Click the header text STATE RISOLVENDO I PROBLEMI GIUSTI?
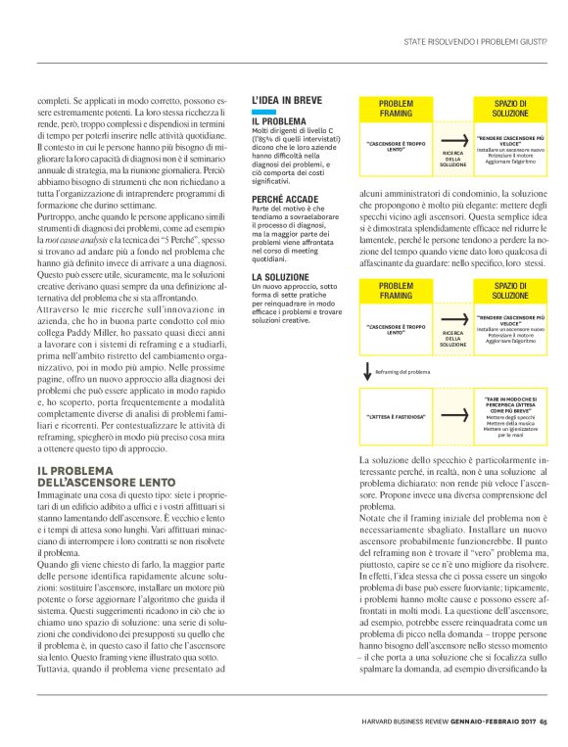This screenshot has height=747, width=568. point(475,41)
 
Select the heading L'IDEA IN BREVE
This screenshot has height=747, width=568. point(285,100)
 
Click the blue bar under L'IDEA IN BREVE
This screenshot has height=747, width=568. point(260,113)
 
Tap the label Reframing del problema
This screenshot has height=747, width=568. point(403,372)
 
